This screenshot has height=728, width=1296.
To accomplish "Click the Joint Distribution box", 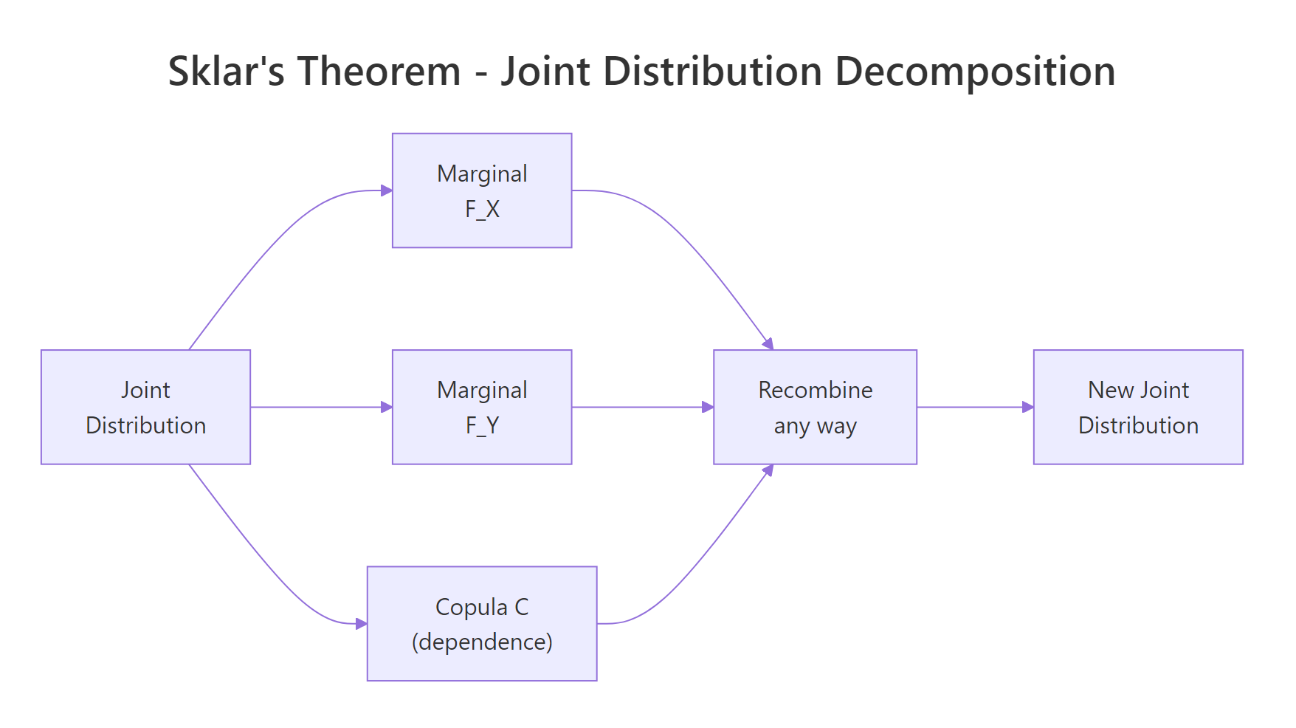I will click(145, 407).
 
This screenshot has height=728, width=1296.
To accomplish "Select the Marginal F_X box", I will click(482, 190).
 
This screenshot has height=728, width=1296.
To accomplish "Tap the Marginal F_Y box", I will click(482, 407).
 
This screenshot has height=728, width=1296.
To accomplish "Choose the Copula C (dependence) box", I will click(482, 623).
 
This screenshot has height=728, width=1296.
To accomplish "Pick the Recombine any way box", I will click(815, 407).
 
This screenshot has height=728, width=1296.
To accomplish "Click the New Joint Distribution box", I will click(1138, 407).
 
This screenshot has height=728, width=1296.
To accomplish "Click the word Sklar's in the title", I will click(226, 72).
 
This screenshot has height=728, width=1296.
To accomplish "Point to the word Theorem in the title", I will click(379, 72).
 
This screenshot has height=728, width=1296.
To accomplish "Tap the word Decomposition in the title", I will click(974, 72).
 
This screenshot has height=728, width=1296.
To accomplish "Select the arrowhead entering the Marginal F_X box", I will click(386, 190).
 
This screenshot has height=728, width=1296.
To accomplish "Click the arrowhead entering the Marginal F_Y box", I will click(386, 407).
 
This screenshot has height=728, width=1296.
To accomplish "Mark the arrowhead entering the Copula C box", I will click(361, 623).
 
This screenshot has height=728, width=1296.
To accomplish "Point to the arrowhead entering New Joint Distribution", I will click(1027, 407).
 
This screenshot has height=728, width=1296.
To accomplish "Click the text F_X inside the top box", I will click(482, 209).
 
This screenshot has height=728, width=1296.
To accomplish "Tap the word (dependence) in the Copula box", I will click(482, 642).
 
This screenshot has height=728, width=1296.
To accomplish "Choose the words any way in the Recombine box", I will click(815, 426).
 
